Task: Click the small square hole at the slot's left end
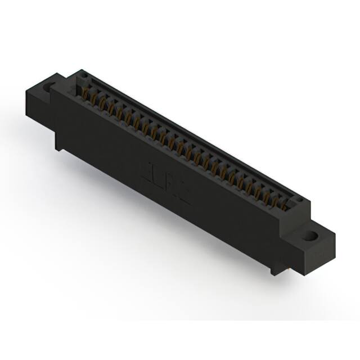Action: click(x=83, y=75)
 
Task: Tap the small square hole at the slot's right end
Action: click(x=301, y=200)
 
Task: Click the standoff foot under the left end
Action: click(x=58, y=143)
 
